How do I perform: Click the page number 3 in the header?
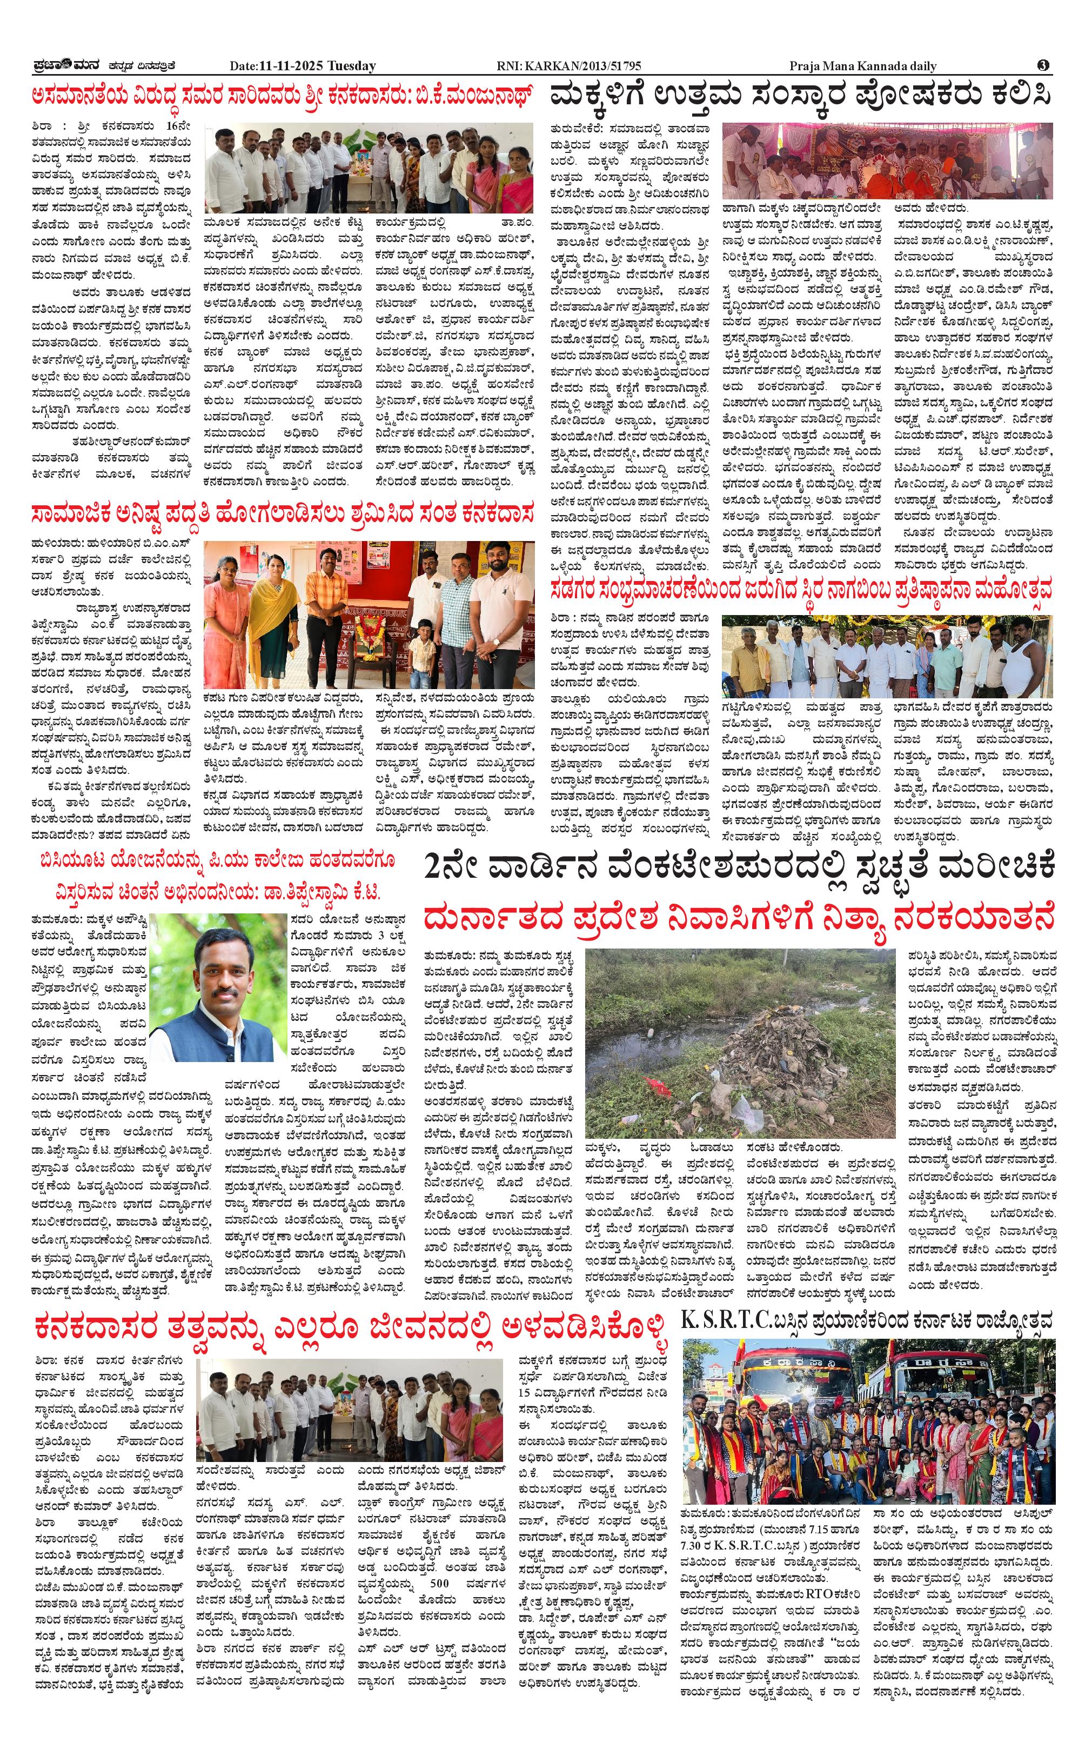click(1043, 65)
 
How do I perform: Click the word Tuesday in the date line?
click(352, 66)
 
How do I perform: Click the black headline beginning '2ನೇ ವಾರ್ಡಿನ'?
click(739, 866)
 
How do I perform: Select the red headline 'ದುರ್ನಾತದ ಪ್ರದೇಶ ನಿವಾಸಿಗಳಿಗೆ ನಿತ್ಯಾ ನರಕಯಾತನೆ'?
click(739, 918)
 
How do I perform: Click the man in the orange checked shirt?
click(324, 616)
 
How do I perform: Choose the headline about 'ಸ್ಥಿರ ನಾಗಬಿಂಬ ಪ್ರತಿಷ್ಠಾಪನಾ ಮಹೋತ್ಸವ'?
click(801, 590)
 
